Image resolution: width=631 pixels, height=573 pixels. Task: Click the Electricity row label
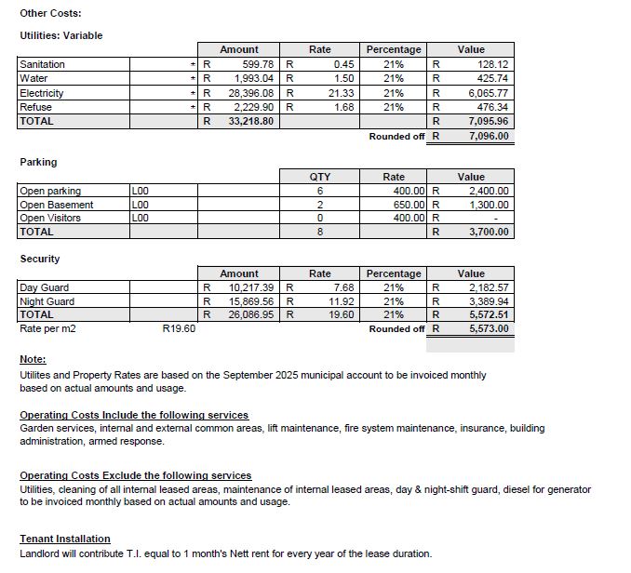point(42,93)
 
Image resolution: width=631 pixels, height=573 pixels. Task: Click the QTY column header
point(319,177)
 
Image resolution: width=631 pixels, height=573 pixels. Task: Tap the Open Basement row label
point(56,205)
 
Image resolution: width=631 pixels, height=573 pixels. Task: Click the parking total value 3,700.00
point(489,232)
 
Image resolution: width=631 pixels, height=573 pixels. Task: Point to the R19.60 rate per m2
point(179,328)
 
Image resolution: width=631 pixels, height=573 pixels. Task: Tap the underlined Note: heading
point(33,360)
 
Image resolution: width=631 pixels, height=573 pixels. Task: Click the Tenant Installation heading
point(65,539)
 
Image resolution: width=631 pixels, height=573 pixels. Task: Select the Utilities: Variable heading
point(61,35)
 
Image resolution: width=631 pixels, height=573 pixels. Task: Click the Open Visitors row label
point(50,218)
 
